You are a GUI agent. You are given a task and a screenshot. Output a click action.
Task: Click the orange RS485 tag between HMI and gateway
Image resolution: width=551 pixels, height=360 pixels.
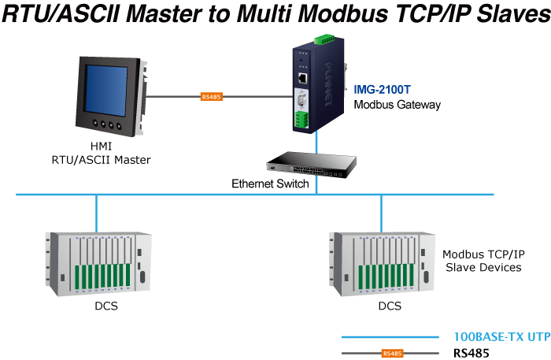(212, 97)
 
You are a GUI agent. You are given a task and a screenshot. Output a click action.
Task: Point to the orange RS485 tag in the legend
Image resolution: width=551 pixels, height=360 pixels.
(391, 354)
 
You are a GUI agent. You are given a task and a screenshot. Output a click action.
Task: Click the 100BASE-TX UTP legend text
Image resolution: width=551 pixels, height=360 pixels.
(501, 336)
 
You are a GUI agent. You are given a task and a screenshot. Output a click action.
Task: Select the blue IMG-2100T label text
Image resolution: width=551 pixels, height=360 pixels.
(382, 91)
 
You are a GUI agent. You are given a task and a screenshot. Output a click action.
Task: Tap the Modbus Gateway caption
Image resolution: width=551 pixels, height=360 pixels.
(397, 104)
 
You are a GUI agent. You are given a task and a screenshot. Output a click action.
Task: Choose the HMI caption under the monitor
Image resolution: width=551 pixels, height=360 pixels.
(101, 147)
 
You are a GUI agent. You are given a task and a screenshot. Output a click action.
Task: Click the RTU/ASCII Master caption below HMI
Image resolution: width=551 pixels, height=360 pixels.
(101, 159)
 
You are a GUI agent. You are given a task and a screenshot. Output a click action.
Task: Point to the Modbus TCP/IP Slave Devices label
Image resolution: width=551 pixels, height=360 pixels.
(483, 261)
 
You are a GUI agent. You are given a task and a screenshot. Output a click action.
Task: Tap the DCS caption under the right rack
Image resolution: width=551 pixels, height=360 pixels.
(390, 306)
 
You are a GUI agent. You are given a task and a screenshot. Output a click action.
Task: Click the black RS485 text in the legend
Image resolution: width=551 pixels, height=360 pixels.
(471, 353)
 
